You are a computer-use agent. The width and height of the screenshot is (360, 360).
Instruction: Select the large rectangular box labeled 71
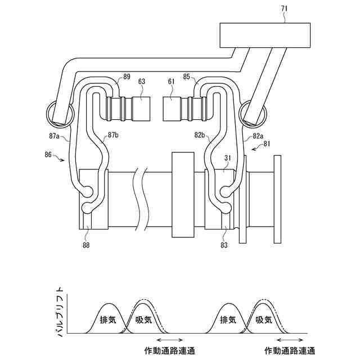tap(264, 35)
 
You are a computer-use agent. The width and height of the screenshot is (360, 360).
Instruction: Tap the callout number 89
tap(127, 76)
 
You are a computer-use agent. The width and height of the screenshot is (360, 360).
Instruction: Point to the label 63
tap(141, 82)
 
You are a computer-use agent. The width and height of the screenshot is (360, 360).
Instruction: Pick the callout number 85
tap(187, 76)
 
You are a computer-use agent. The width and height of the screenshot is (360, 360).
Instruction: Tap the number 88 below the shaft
tap(85, 244)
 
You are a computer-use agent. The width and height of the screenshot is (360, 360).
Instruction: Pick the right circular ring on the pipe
tap(251, 112)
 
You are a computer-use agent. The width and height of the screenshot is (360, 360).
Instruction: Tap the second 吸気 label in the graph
tap(264, 319)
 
